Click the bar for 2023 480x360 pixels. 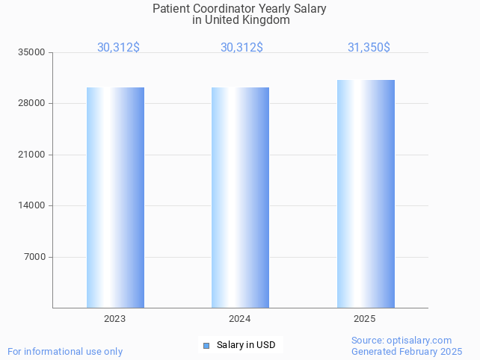[x=115, y=197]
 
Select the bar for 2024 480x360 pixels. [x=240, y=197]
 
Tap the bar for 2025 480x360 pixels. [x=366, y=193]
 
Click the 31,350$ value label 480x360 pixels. [x=369, y=47]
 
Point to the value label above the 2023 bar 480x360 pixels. [x=118, y=47]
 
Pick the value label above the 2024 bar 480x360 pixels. [x=241, y=47]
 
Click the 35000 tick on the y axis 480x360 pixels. [x=31, y=52]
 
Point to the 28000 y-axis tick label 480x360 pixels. [x=31, y=103]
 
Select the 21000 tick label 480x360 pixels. [x=31, y=155]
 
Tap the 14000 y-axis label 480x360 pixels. [x=31, y=205]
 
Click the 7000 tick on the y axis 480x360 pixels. [x=34, y=257]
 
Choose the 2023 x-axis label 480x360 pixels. [x=114, y=319]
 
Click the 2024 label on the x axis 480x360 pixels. [x=239, y=319]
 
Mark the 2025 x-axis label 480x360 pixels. [x=364, y=319]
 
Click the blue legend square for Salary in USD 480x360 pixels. [x=206, y=345]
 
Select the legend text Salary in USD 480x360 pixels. [x=246, y=345]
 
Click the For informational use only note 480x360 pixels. [x=65, y=351]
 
